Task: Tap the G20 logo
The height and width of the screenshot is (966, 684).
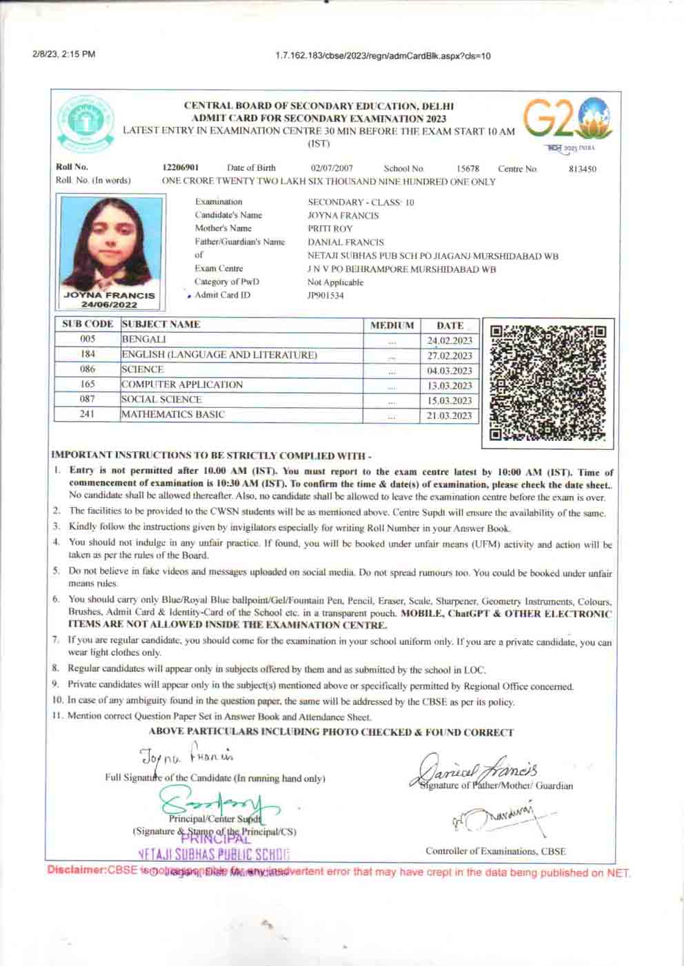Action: pos(567,120)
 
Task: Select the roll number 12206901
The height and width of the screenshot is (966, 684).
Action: pos(181,168)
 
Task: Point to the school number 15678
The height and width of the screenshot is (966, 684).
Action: pos(467,169)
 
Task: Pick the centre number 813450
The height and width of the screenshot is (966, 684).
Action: pos(582,169)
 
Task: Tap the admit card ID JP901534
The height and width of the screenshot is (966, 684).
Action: pos(325,296)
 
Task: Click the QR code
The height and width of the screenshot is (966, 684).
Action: pos(549,380)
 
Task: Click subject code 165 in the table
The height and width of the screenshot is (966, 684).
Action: pos(88,384)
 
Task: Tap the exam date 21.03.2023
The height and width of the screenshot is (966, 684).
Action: pos(450,415)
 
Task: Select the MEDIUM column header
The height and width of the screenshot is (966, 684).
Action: pos(392,325)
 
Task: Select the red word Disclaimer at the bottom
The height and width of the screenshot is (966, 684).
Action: pos(75,872)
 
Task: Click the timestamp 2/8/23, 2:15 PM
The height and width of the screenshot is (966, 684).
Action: pos(63,55)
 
